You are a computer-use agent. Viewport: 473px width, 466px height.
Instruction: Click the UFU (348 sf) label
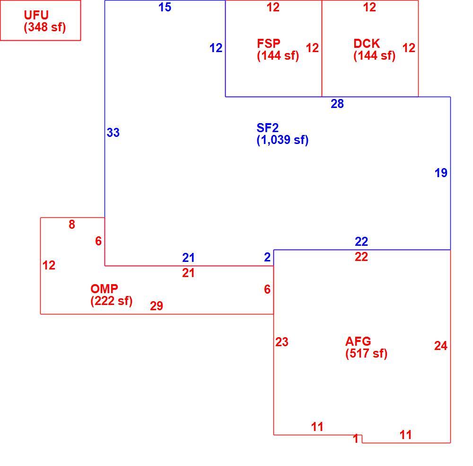point(44,21)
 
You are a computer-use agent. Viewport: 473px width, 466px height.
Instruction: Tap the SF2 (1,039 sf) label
point(282,134)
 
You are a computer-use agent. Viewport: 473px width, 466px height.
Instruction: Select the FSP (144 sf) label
point(278,50)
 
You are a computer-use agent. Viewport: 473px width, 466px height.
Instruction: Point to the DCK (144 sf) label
point(374,50)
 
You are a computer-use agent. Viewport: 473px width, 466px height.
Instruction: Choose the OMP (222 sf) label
point(111,295)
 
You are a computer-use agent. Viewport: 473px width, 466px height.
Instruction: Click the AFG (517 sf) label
point(366,348)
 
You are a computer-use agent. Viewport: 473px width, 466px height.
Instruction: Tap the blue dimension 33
point(113,133)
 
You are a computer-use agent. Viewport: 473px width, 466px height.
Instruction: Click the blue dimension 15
point(165,7)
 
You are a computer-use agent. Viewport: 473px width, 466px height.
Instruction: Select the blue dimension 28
point(337,104)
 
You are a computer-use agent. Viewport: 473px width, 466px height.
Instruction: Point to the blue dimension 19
point(441,173)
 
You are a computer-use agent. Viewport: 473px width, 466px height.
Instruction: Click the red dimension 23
point(282,342)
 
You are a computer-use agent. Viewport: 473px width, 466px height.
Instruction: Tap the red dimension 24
point(441,346)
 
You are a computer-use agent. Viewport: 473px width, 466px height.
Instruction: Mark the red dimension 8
point(72,224)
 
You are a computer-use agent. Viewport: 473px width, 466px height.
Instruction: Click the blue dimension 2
point(267,257)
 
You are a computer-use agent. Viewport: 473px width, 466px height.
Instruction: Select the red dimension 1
point(356,439)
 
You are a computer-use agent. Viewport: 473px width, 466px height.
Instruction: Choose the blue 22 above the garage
point(361,242)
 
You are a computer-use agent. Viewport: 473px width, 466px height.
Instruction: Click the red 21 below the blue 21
point(188,273)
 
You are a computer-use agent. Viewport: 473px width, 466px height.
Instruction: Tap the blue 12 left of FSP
point(216,48)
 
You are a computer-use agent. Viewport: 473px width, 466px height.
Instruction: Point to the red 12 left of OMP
point(49,266)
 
